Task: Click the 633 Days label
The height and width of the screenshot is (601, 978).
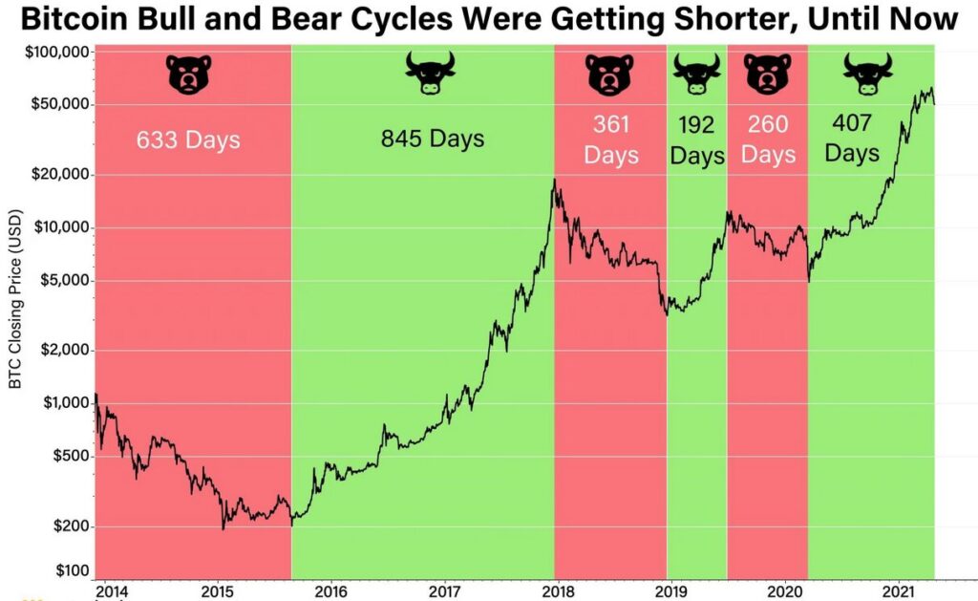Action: click(x=188, y=140)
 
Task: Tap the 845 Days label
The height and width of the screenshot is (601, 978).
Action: click(x=433, y=139)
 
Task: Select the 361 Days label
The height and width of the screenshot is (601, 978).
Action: click(x=610, y=140)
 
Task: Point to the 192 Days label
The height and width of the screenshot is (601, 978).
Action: click(x=696, y=140)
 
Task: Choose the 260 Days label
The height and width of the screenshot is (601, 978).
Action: click(x=768, y=140)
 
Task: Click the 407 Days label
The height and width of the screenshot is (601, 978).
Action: click(x=852, y=138)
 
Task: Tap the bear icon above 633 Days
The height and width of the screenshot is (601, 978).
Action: click(x=188, y=75)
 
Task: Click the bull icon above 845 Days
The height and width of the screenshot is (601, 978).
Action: click(x=431, y=74)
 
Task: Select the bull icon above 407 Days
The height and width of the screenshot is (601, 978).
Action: click(x=867, y=74)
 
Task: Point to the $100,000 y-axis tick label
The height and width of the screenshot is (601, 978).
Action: click(x=56, y=52)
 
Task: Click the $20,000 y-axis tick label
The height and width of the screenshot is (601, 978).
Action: click(x=60, y=175)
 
